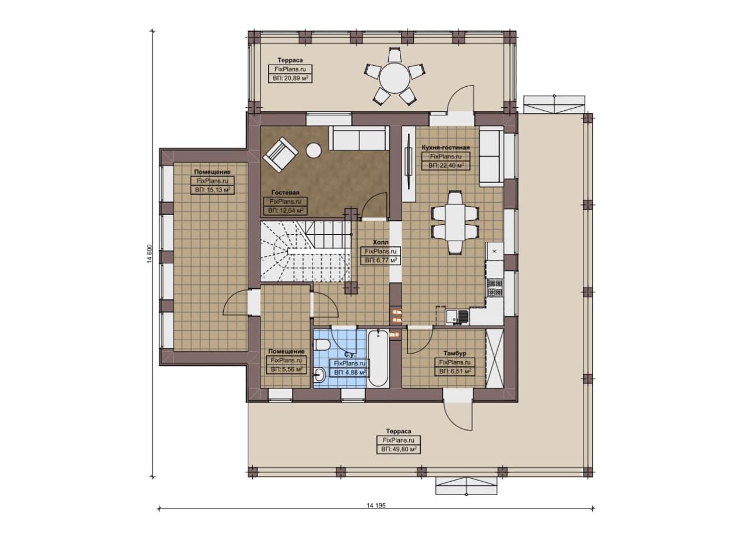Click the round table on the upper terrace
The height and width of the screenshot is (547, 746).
pos(395,79)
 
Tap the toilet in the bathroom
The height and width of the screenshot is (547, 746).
pos(322,344)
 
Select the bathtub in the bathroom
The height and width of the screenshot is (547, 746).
pos(378,358)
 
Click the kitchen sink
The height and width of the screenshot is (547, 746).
pos(458,317)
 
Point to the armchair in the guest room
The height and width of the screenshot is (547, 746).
pos(280,154)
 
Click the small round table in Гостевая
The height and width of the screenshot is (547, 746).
pos(314,150)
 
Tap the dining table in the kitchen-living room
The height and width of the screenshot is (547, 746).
pos(455,223)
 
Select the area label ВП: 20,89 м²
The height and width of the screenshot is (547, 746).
pos(290,78)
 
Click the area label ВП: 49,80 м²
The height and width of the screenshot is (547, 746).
pos(399,449)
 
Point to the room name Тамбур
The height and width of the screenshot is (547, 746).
pos(455,353)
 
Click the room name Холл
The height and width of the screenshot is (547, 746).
pos(381,242)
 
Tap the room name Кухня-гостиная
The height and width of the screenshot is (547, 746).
pos(446,147)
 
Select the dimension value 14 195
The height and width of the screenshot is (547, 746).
pos(376,506)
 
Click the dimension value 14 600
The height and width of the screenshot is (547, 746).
pos(150,254)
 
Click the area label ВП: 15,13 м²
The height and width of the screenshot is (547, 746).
pos(213,190)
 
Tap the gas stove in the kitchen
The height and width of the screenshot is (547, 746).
pos(495,288)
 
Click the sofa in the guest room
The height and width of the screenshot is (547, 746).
pos(359,138)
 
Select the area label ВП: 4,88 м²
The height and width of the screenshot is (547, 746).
pos(350,372)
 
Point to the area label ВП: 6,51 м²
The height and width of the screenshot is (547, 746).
pos(455,371)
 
